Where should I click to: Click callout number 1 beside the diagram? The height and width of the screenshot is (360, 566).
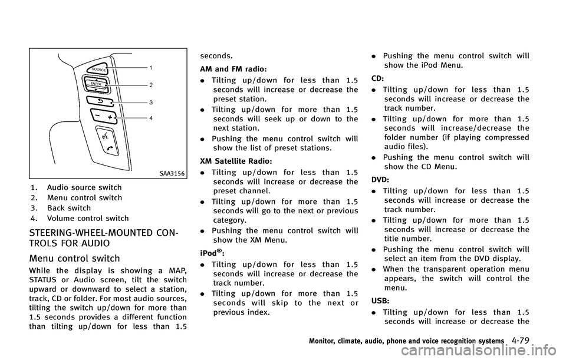(x=151, y=68)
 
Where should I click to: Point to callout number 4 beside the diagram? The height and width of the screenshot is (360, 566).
(x=151, y=118)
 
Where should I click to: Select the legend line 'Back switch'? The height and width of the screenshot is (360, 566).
(x=68, y=209)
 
